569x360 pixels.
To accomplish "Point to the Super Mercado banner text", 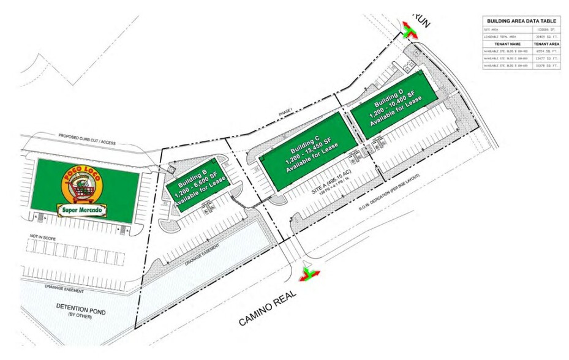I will pos(85,211).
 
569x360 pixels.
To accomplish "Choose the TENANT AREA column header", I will pos(546,44).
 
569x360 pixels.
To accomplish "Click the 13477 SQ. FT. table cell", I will pos(546,58).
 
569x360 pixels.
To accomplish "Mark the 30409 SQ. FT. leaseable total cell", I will pos(546,36).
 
